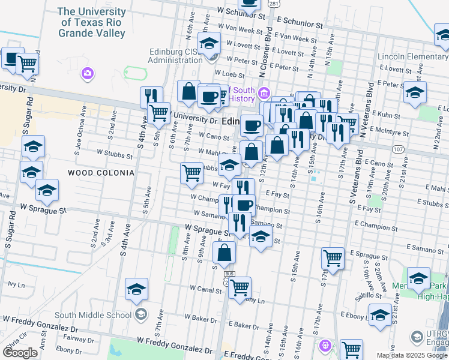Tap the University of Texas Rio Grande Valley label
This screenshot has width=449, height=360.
92,22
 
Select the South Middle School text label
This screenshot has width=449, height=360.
93,315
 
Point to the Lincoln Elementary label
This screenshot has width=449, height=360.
413,57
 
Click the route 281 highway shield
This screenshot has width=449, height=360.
274,4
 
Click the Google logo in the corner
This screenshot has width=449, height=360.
20,353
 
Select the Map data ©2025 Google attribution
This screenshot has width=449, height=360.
411,355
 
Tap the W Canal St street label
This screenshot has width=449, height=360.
205,290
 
